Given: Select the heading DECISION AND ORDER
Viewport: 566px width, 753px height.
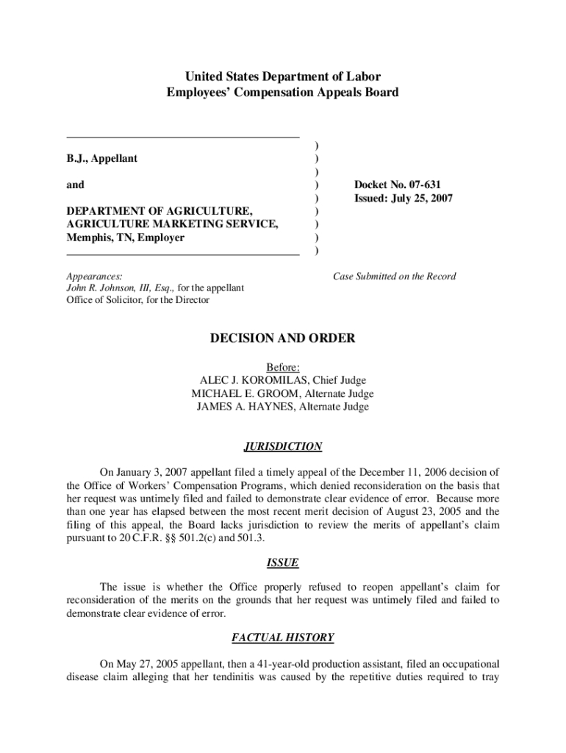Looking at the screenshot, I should (283, 338).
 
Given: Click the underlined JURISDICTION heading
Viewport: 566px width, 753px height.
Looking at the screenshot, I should (283, 446).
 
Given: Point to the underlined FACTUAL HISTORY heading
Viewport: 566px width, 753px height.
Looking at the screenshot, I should (283, 638).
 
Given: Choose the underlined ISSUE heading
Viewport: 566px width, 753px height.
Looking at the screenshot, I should (283, 563).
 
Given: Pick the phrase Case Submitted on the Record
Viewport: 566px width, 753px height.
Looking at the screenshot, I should (394, 276).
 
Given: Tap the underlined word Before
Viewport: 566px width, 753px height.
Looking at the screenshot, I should (283, 367).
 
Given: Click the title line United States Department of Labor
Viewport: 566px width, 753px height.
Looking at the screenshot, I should (283, 76).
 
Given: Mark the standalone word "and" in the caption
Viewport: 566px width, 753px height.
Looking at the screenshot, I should (75, 185).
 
